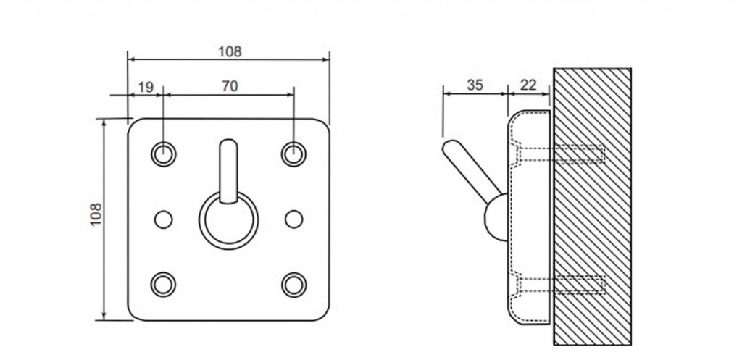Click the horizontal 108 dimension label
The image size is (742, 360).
[230, 51]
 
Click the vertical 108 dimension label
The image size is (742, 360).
[96, 214]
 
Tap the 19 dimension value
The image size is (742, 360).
[146, 87]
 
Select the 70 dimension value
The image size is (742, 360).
[230, 87]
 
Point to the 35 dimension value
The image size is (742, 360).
[475, 85]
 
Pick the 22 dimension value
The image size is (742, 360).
[528, 85]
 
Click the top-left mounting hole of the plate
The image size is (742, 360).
[163, 154]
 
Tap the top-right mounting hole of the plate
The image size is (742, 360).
[294, 154]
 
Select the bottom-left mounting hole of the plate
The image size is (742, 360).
[163, 285]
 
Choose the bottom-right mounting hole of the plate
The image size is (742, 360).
[294, 285]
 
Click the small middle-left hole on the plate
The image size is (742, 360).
[164, 219]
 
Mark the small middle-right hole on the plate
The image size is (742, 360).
[294, 219]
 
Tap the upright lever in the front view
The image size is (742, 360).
[228, 171]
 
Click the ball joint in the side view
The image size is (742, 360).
[496, 217]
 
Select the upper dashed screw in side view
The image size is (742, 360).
[562, 154]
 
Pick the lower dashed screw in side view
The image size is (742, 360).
[562, 285]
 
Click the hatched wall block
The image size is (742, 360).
[592, 206]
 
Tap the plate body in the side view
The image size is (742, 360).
[529, 217]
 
